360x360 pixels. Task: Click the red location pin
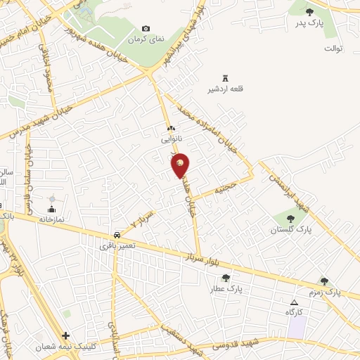pos(181,165)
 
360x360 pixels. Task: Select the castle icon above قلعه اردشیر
pos(225,77)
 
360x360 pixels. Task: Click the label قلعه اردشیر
pos(222,89)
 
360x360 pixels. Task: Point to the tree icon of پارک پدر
pos(310,12)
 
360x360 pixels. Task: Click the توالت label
pos(333,49)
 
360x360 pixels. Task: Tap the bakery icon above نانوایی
pos(171,129)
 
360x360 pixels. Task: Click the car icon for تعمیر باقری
pos(115,234)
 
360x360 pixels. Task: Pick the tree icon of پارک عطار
pos(225,278)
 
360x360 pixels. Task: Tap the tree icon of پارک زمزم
pos(324,281)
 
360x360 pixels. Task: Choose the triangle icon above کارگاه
pos(294,302)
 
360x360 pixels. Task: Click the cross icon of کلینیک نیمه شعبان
pos(66,336)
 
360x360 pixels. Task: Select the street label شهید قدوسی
pos(222,345)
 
